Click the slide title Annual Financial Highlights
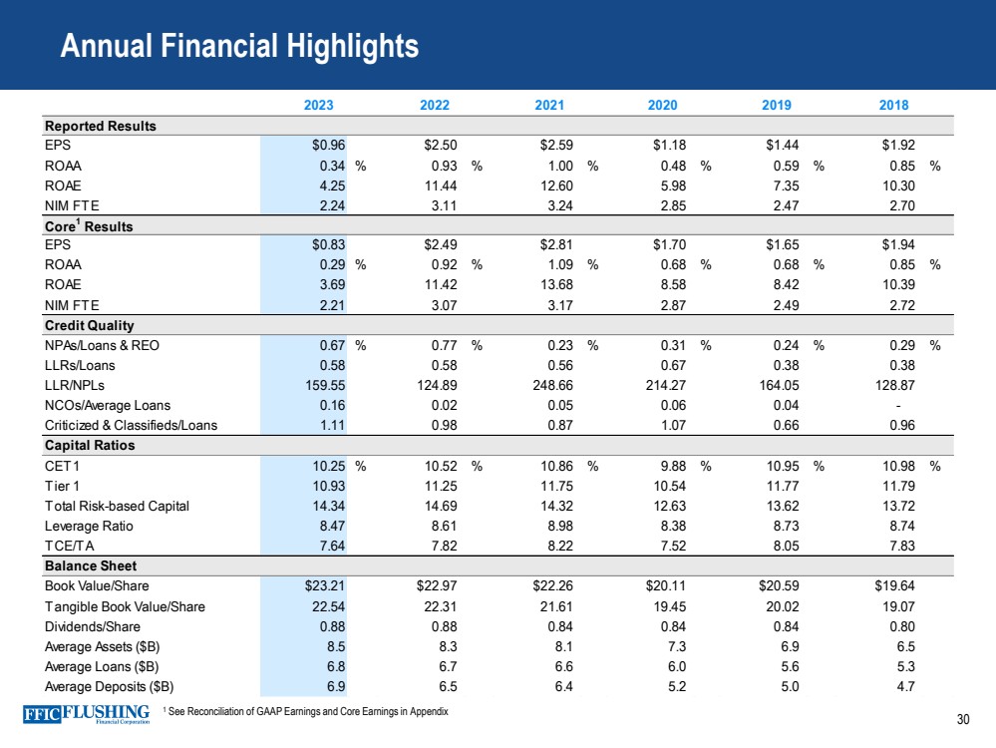point(239,45)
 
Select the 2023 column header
point(318,105)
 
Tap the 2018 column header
point(893,105)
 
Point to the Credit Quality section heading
point(90,326)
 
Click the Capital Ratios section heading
point(90,446)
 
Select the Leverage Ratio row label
point(90,526)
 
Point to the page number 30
point(962,721)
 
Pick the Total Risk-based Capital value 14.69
point(439,506)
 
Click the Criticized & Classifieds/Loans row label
point(131,426)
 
